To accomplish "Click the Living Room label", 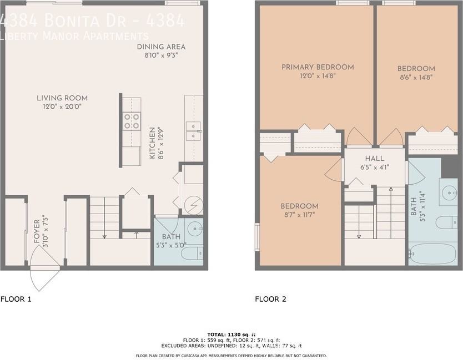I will (66, 98).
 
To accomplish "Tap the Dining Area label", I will (161, 47).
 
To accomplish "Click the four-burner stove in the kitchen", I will (131, 121).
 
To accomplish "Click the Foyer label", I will (37, 232).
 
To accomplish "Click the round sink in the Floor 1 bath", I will (195, 228).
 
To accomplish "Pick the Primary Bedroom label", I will (318, 67).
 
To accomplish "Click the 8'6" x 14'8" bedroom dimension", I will (416, 77).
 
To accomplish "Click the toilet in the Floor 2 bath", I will (445, 223).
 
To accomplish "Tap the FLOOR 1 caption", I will (16, 299).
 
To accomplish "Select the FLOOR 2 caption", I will (270, 299).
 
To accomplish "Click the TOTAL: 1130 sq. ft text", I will (231, 334).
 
